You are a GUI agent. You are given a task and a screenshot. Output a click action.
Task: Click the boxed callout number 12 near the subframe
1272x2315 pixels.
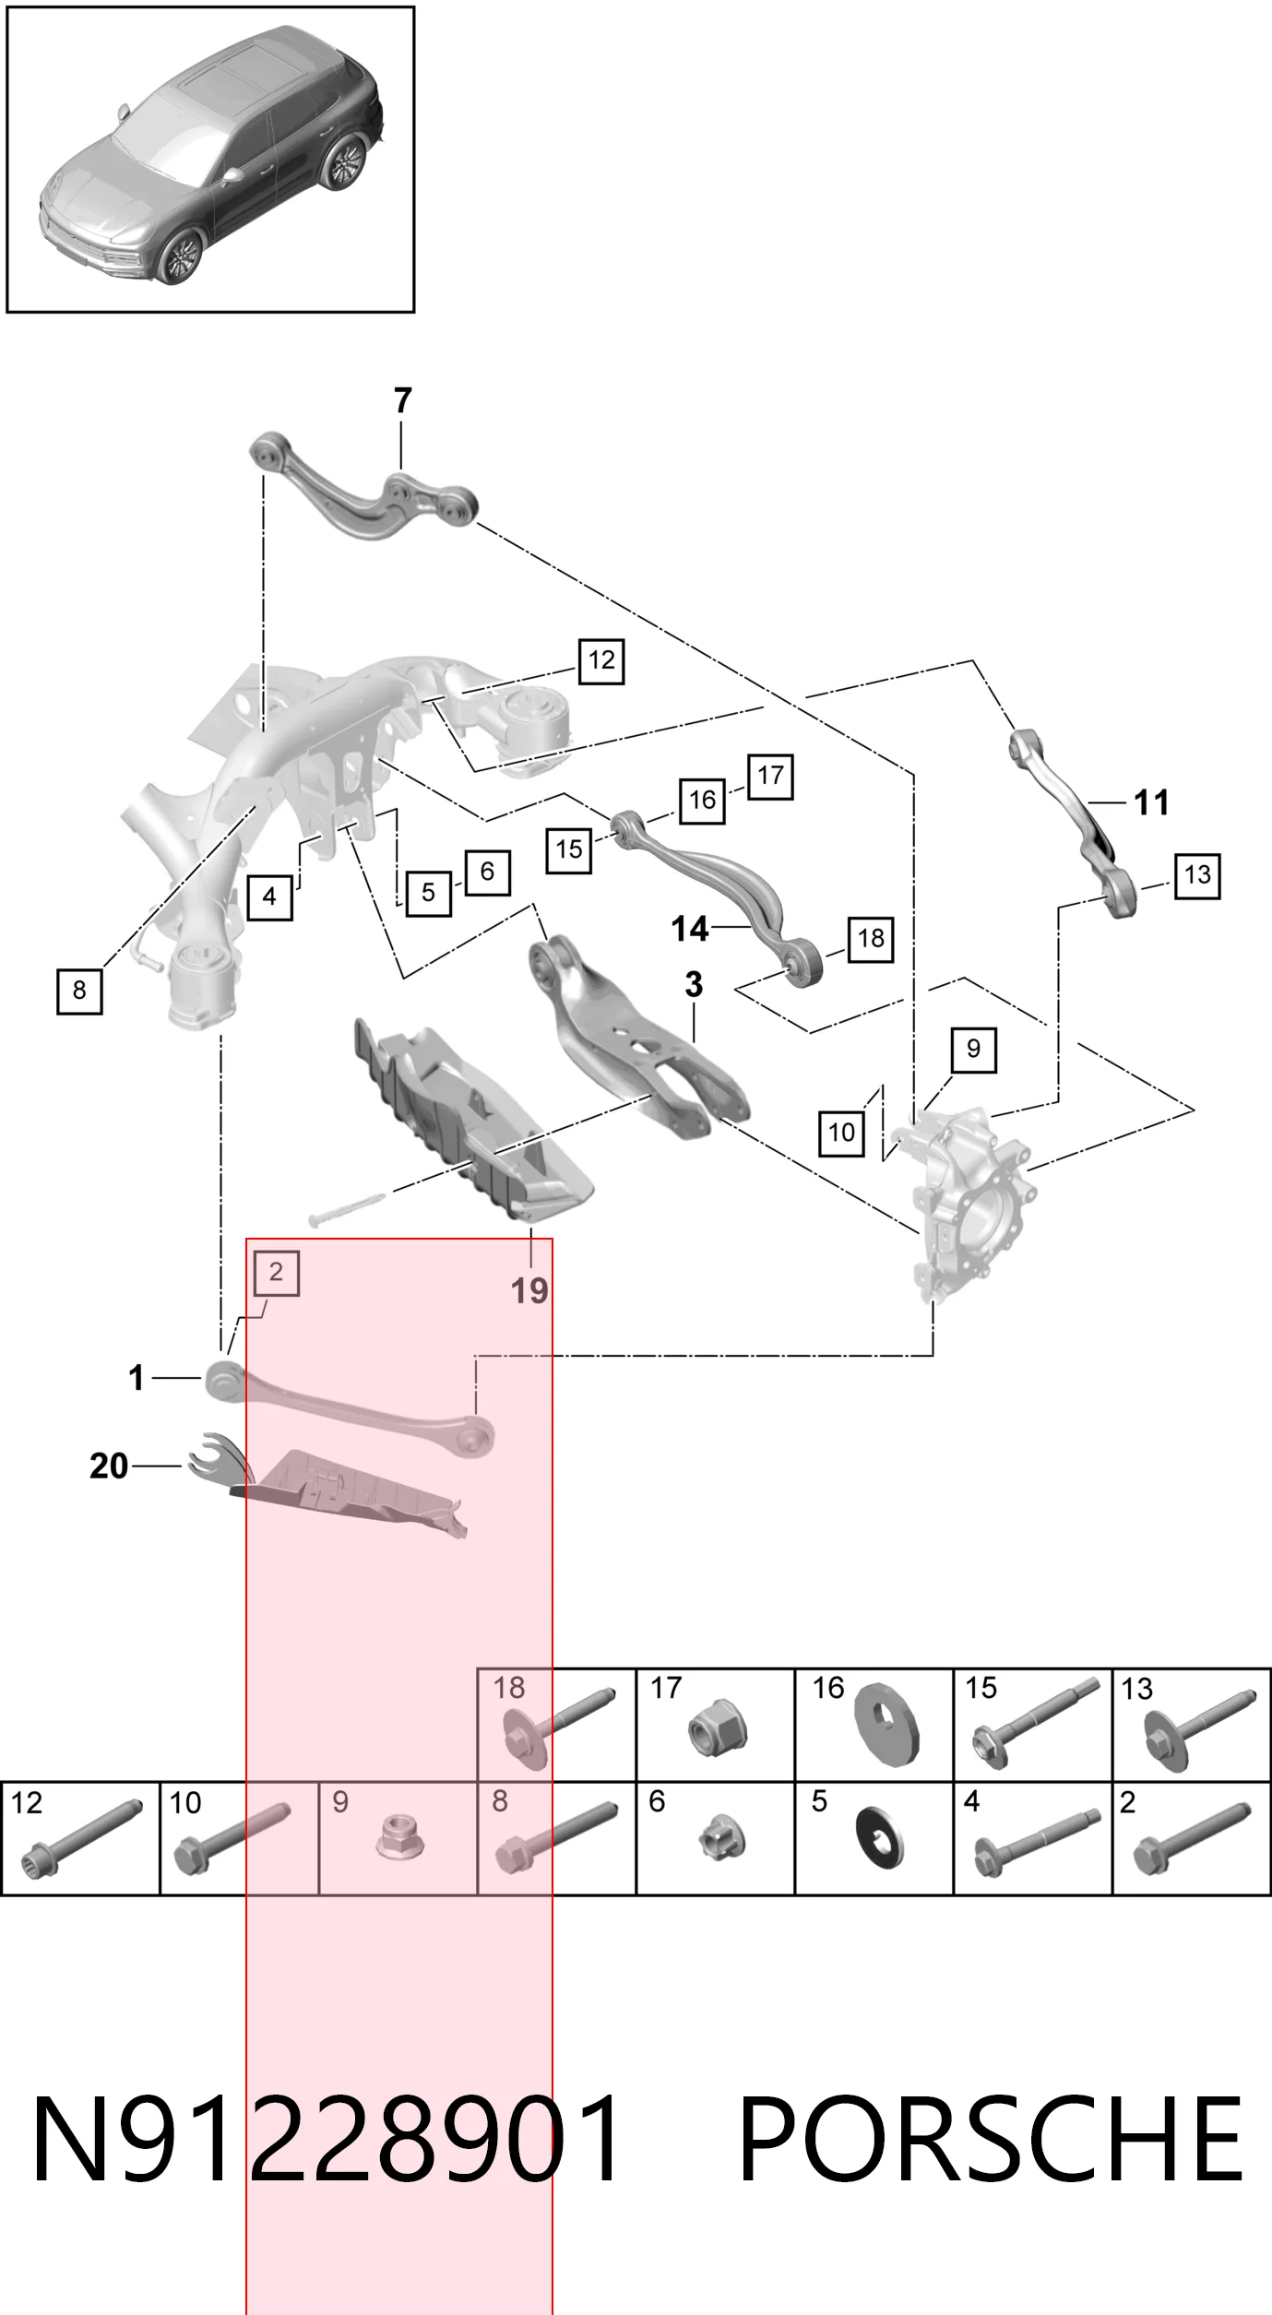click(601, 660)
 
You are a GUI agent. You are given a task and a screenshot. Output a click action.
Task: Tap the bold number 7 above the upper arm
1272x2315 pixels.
click(402, 400)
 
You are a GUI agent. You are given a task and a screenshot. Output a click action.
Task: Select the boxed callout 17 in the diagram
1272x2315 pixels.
click(770, 776)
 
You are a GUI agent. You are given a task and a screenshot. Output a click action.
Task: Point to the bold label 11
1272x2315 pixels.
click(1151, 802)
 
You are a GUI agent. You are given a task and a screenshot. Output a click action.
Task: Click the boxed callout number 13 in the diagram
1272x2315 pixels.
click(1197, 874)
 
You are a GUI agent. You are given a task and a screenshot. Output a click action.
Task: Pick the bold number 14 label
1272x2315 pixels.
click(690, 929)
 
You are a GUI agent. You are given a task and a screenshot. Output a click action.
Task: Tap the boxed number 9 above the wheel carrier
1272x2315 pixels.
click(974, 1049)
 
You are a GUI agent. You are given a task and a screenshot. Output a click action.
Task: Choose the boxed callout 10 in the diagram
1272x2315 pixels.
click(841, 1132)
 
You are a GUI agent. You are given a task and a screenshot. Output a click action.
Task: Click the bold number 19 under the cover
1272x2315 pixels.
click(529, 1291)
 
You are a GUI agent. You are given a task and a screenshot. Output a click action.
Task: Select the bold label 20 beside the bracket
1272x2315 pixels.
click(109, 1466)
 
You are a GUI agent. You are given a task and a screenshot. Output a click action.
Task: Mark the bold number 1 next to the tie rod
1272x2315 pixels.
click(137, 1378)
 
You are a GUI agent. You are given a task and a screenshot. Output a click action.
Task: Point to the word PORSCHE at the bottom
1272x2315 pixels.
click(992, 2138)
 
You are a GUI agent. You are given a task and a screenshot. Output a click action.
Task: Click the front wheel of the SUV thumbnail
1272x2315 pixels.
click(179, 257)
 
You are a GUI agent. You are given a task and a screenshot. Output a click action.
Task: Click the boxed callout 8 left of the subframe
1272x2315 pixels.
click(79, 991)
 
